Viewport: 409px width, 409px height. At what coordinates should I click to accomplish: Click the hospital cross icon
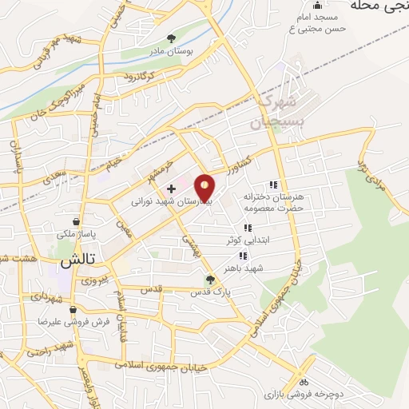click(x=171, y=189)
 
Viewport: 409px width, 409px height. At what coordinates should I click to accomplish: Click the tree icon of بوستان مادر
click(x=171, y=38)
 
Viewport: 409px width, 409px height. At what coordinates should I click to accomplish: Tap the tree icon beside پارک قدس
click(x=210, y=280)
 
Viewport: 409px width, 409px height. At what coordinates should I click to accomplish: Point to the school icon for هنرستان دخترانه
click(x=273, y=185)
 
